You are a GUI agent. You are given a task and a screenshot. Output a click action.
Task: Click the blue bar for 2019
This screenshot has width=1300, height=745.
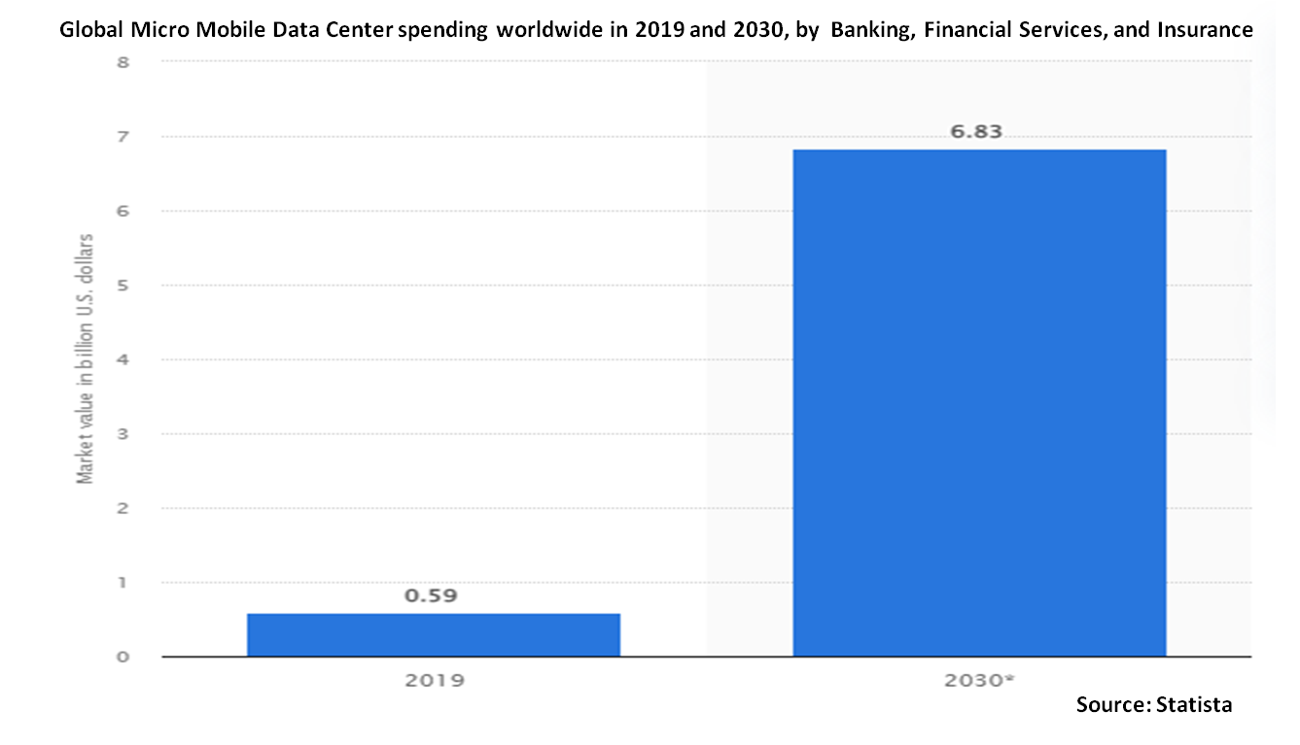(x=434, y=634)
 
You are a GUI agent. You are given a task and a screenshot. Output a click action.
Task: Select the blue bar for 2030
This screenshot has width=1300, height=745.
(x=979, y=403)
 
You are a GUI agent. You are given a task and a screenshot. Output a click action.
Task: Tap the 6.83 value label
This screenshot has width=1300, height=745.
(x=976, y=132)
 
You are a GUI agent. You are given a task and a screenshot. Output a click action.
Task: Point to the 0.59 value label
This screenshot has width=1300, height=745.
(x=431, y=595)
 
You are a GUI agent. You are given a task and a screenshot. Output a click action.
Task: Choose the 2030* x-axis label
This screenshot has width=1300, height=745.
(x=979, y=680)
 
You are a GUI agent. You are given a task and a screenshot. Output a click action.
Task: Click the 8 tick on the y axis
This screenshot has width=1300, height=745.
(x=123, y=63)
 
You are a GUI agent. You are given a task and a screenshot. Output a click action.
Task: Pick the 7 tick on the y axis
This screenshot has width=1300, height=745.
(x=123, y=137)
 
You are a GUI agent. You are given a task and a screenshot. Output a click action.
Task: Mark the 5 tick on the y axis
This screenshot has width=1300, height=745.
(x=123, y=286)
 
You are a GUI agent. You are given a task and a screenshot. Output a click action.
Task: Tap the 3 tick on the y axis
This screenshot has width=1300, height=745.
(x=123, y=434)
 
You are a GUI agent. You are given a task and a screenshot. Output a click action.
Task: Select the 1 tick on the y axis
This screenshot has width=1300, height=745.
(x=123, y=583)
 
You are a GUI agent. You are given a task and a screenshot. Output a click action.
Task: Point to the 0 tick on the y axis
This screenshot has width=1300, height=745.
(x=123, y=658)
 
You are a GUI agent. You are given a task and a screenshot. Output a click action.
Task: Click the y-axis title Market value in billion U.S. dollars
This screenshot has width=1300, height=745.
(x=87, y=359)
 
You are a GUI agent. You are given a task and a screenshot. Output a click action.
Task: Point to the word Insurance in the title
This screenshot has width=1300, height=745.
(x=1205, y=30)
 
